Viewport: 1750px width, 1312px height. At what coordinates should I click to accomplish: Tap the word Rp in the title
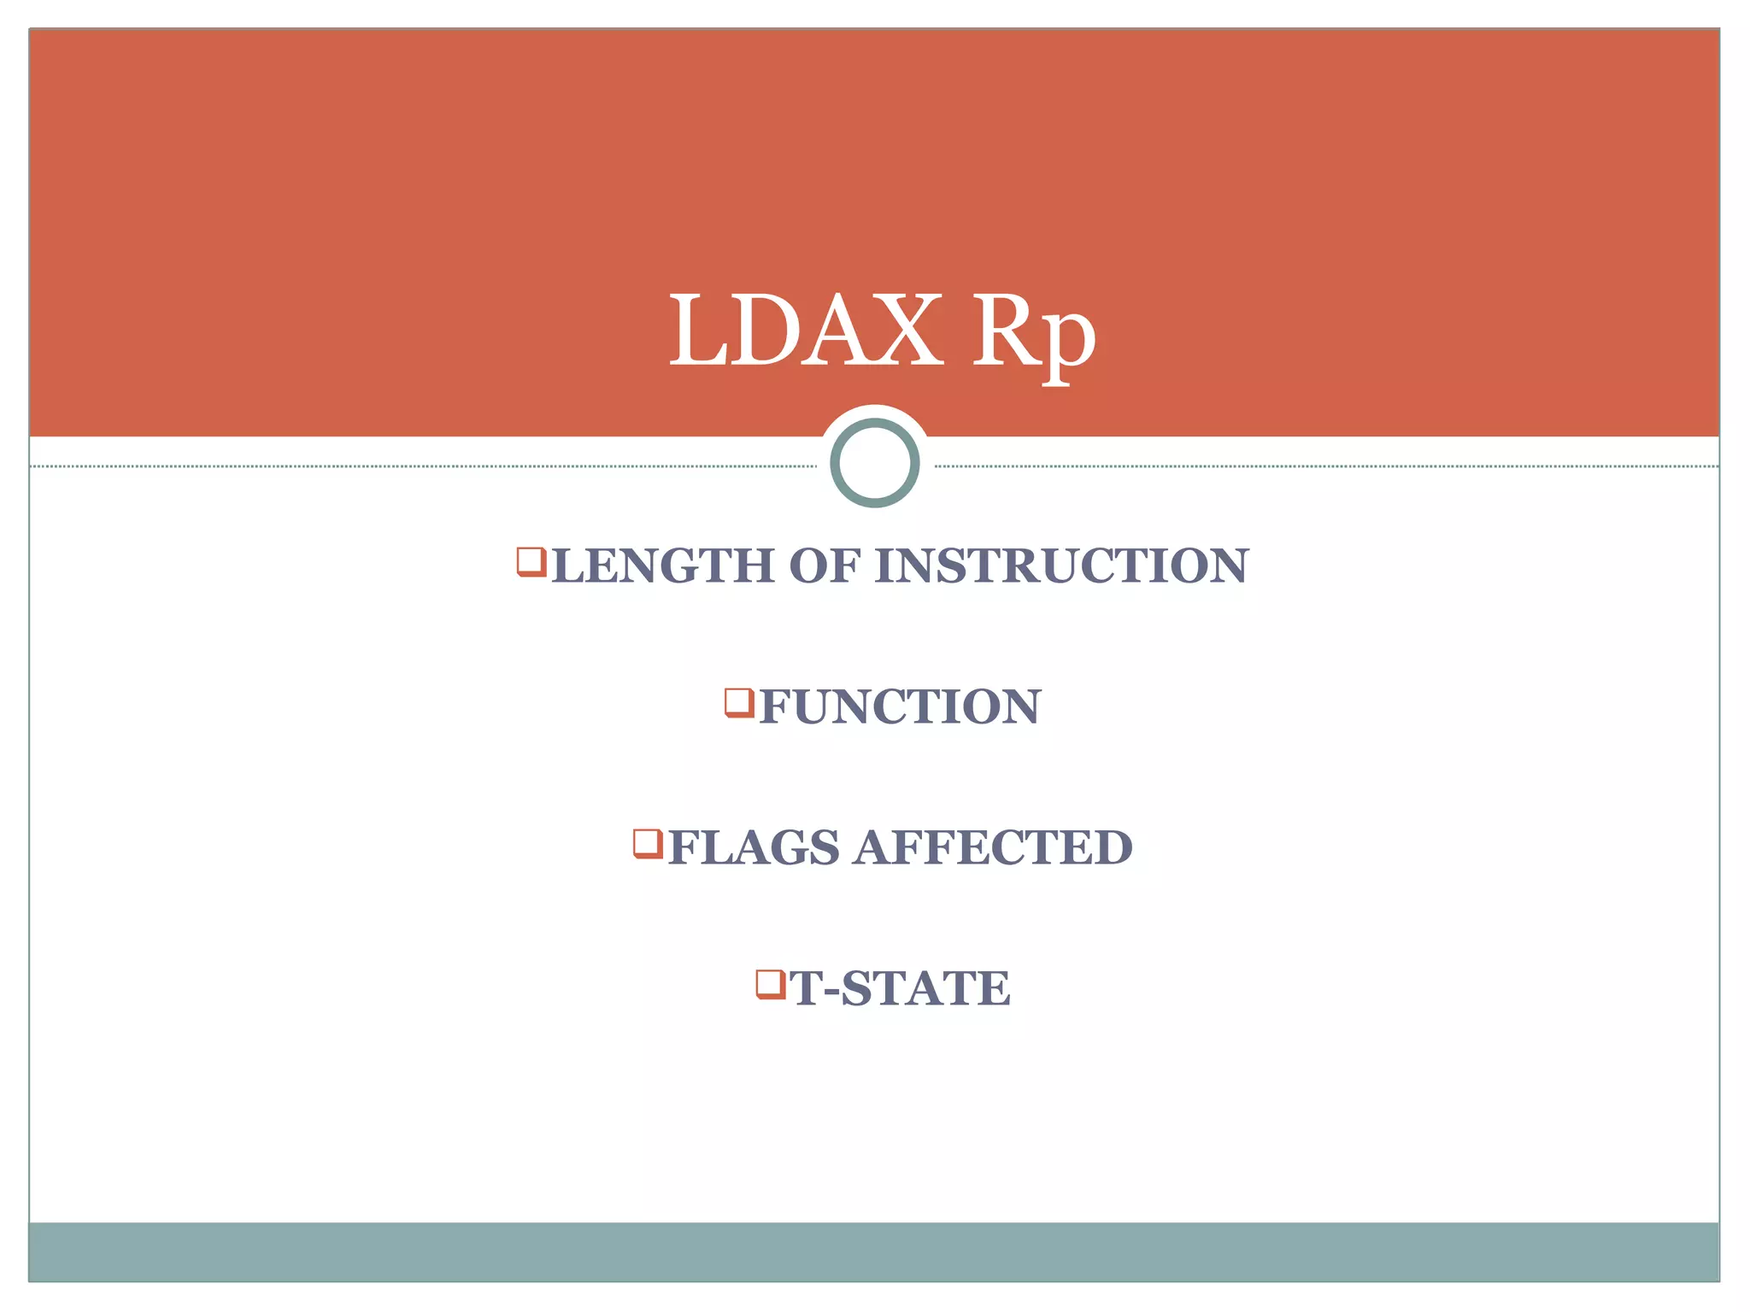point(1033,335)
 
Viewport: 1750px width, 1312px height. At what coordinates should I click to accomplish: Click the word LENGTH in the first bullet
point(662,566)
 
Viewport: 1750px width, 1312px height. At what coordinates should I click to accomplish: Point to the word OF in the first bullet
point(824,566)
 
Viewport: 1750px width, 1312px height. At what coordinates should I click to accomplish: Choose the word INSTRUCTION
point(1061,566)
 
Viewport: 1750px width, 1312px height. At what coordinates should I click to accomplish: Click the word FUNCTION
point(900,706)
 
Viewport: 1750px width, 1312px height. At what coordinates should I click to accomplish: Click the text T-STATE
point(900,988)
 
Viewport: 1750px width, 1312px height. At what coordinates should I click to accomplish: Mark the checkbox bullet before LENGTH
point(531,561)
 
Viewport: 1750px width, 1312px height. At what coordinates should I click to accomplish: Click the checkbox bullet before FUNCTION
point(739,702)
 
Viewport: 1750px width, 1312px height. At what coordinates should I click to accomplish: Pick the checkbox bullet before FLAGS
point(648,843)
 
